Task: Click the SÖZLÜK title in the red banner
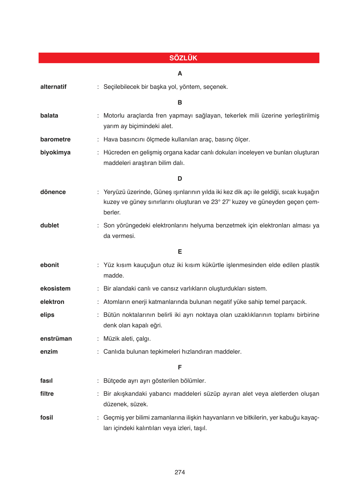click(183, 58)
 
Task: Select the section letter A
click(180, 74)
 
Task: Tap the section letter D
click(180, 179)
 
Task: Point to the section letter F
click(180, 368)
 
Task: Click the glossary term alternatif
click(53, 87)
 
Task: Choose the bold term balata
click(49, 116)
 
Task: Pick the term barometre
click(55, 140)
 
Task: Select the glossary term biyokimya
click(55, 153)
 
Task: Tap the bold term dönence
click(53, 192)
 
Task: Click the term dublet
click(50, 226)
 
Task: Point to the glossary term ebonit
click(50, 265)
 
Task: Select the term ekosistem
click(55, 289)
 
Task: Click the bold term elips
click(47, 315)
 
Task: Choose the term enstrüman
click(56, 339)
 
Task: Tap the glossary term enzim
click(49, 352)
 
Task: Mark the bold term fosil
click(47, 418)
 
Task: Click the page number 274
click(180, 472)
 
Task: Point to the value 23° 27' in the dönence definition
click(221, 202)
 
